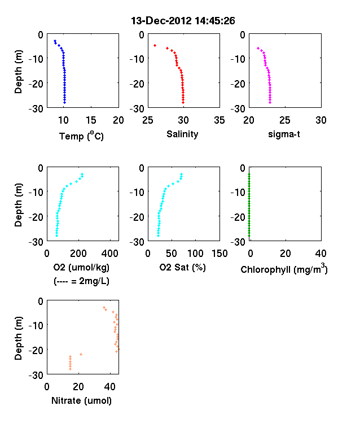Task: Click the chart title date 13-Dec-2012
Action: coord(161,21)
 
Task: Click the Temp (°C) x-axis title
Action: coord(81,136)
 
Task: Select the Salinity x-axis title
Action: coord(182,134)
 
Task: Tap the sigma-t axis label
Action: coord(284,134)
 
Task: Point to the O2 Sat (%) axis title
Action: coord(183,267)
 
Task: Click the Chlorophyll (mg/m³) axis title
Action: coord(284,268)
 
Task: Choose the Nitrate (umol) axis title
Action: coord(81,401)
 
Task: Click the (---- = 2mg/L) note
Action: coord(81,281)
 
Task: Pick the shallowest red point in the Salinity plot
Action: coord(155,45)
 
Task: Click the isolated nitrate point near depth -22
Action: coord(81,354)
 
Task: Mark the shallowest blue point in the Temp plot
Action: coord(55,41)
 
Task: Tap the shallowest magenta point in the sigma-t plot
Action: coord(258,48)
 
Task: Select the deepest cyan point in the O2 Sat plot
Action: coord(158,235)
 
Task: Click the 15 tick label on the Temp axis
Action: coord(91,120)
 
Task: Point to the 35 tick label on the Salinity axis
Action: coord(219,120)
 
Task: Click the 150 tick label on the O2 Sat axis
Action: coord(219,254)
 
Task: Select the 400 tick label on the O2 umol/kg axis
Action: coord(109,254)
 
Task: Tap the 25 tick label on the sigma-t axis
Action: coord(285,120)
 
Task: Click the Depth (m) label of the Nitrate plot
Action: coord(18,338)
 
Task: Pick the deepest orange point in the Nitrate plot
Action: coord(71,369)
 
